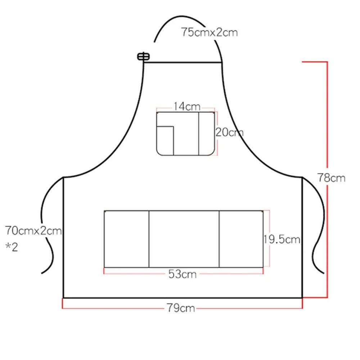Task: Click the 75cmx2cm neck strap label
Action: click(210, 32)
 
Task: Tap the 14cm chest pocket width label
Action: click(187, 107)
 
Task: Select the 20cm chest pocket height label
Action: click(229, 132)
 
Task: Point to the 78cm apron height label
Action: click(331, 178)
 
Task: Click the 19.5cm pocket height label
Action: click(282, 239)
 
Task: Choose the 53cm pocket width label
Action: click(183, 274)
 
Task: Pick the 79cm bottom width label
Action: click(181, 308)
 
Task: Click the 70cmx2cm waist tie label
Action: click(33, 230)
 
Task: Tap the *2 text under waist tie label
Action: click(12, 247)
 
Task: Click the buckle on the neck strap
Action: click(144, 57)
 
